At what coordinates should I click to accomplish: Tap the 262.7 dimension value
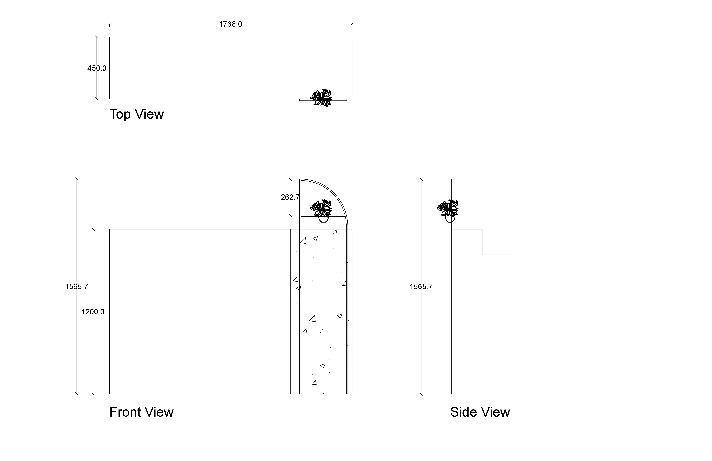[x=290, y=197]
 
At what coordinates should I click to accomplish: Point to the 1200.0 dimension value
[x=93, y=312]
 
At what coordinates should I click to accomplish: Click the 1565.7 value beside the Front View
[x=77, y=287]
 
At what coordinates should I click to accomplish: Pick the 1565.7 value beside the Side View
[x=421, y=287]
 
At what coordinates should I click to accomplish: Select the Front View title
[x=141, y=412]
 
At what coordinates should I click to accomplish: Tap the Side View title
[x=480, y=412]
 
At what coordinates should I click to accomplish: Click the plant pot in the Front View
[x=323, y=219]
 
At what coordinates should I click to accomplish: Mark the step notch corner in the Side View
[x=482, y=255]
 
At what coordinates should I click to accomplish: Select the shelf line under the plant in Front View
[x=308, y=215]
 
